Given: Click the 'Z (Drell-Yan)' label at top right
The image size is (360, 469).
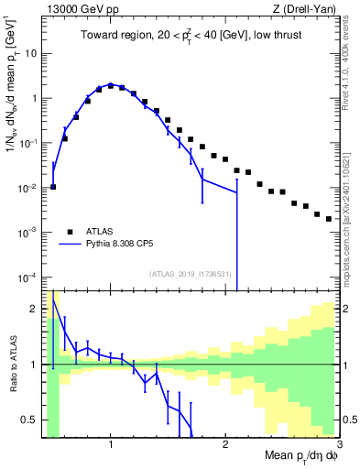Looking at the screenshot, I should (306, 10).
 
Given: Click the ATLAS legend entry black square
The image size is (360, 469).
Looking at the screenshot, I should (69, 232).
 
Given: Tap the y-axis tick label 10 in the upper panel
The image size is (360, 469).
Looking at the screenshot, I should (30, 53).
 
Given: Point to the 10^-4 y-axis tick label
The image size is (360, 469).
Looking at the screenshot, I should (27, 278).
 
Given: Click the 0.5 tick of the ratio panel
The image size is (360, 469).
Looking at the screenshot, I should (27, 420).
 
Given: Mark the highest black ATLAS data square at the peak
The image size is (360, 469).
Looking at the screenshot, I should (111, 85).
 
